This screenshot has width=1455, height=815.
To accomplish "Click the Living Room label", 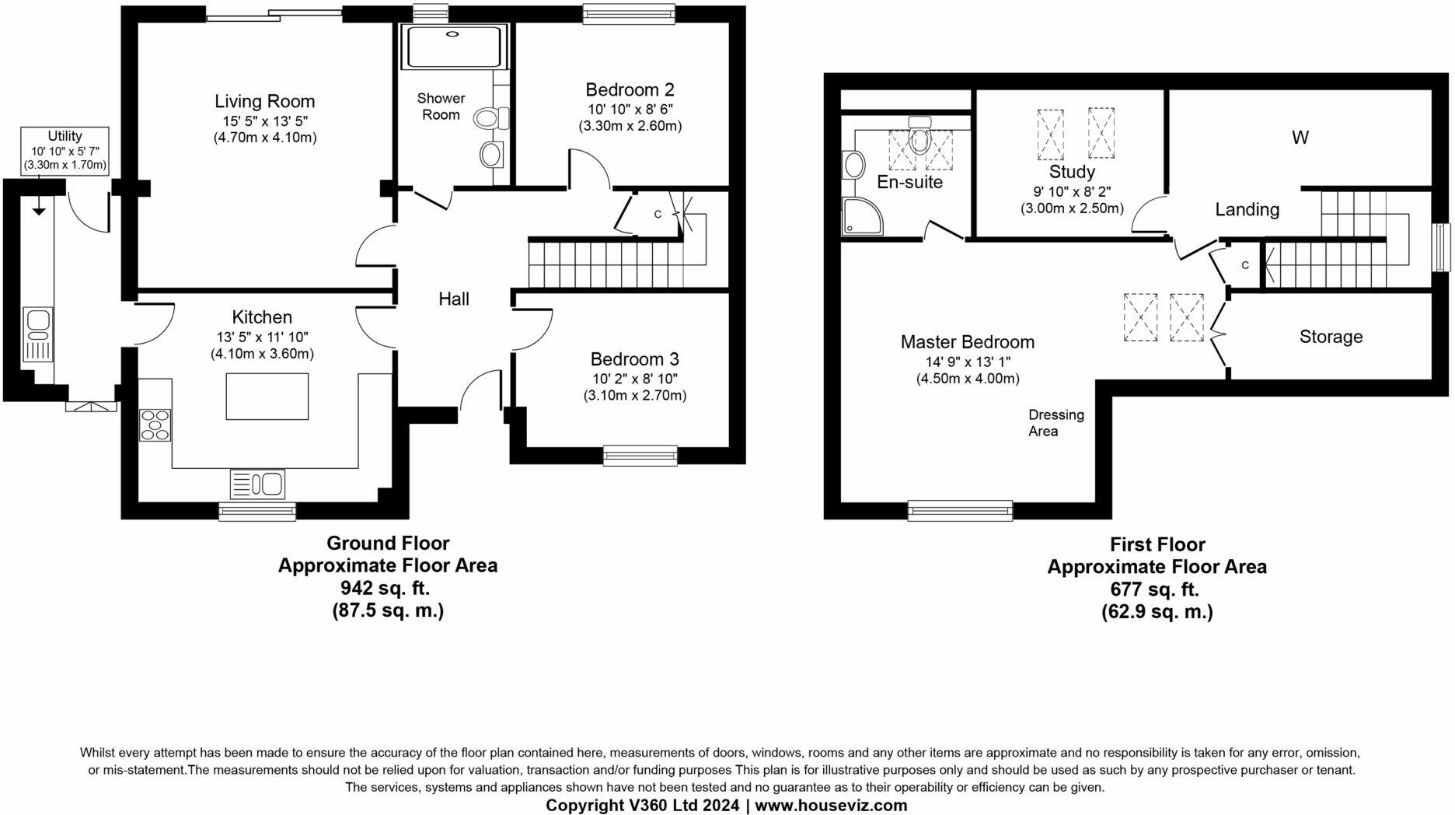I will pyautogui.click(x=264, y=101).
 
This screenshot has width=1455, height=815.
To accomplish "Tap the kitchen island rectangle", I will pyautogui.click(x=267, y=396).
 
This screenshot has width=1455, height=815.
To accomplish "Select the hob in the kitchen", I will pyautogui.click(x=155, y=425).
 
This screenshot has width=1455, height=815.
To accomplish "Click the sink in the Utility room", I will pyautogui.click(x=38, y=334).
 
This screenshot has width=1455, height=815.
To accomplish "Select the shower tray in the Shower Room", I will pyautogui.click(x=453, y=47).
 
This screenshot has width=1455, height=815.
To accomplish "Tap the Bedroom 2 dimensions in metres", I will pyautogui.click(x=630, y=126).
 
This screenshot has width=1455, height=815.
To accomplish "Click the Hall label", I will pyautogui.click(x=453, y=299).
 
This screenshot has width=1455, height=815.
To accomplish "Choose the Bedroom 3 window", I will pyautogui.click(x=640, y=456).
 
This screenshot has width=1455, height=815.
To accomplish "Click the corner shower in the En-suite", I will pyautogui.click(x=862, y=215).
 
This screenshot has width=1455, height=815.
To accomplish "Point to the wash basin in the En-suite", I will pyautogui.click(x=853, y=165).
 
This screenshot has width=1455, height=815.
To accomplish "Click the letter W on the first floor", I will pyautogui.click(x=1300, y=138).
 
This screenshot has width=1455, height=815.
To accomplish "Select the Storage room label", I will pyautogui.click(x=1331, y=337).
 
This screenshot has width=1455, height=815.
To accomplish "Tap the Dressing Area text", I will pyautogui.click(x=1055, y=422).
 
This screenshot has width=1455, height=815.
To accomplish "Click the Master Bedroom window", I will pyautogui.click(x=960, y=510).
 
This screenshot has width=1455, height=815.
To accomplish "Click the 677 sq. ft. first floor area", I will pyautogui.click(x=1156, y=589).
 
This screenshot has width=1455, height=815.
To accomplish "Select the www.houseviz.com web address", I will pyautogui.click(x=830, y=805).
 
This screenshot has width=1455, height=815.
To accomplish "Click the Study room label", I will pyautogui.click(x=1071, y=172).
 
